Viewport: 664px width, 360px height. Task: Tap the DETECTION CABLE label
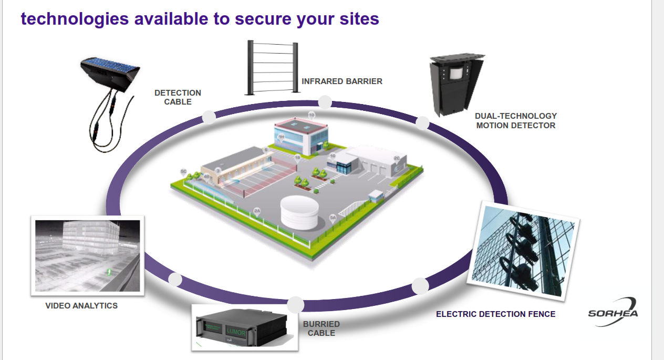[178, 97]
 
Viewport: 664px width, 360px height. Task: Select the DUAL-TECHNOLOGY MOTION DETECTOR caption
[515, 120]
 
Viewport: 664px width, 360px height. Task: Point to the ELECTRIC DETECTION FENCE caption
[495, 314]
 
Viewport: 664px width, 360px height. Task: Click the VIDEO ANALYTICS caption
[81, 305]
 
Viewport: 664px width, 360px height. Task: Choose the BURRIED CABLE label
[321, 328]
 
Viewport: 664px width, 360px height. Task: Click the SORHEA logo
[613, 312]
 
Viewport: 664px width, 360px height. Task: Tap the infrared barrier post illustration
[273, 68]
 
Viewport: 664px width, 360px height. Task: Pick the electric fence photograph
[525, 250]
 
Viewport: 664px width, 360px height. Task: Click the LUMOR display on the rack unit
[236, 331]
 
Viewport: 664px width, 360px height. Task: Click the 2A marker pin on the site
[257, 211]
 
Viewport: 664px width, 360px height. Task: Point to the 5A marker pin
[333, 218]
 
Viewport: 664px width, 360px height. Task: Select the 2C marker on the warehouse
[397, 158]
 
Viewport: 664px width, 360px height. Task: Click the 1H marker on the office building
[281, 137]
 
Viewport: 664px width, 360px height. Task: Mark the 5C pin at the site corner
[183, 172]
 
